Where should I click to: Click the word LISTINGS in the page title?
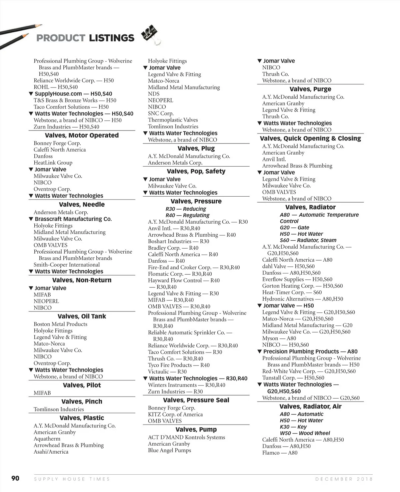pos(112,38)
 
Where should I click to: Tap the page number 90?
pos(15,478)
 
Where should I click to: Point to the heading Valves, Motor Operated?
pos(82,135)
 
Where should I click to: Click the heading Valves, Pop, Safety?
pos(196,171)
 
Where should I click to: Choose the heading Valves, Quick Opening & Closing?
pos(310,138)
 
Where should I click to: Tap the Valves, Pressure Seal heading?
pos(196,400)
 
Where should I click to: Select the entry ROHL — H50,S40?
pos(56,87)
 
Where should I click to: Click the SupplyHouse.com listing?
pos(73,94)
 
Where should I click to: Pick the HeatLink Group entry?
pos(53,163)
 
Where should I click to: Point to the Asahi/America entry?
pos(51,452)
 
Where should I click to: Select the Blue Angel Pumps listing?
pos(170,450)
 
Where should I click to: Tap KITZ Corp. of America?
pos(175,414)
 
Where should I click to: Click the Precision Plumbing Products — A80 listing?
pos(310,351)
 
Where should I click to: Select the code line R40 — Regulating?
pos(187,215)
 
